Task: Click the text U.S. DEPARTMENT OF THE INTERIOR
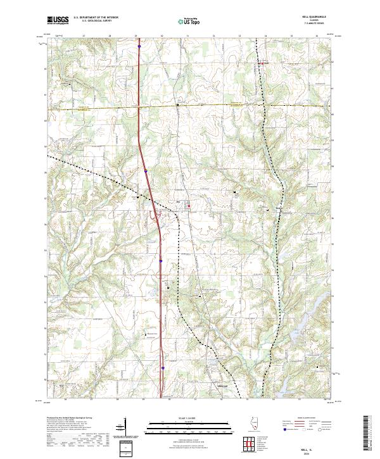click(x=96, y=18)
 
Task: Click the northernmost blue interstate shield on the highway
click(x=139, y=46)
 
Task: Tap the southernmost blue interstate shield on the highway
click(x=162, y=367)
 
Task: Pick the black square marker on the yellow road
click(x=177, y=104)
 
